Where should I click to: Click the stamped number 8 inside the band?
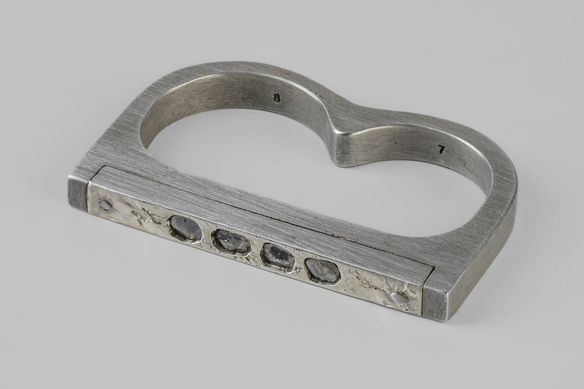[x=277, y=98]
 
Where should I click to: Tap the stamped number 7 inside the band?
[x=441, y=149]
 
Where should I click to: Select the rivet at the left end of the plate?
[x=105, y=205]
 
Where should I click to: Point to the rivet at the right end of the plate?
[x=399, y=297]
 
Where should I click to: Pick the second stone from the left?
[x=231, y=243]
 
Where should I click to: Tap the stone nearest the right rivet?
[x=323, y=271]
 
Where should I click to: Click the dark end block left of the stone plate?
[x=78, y=193]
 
